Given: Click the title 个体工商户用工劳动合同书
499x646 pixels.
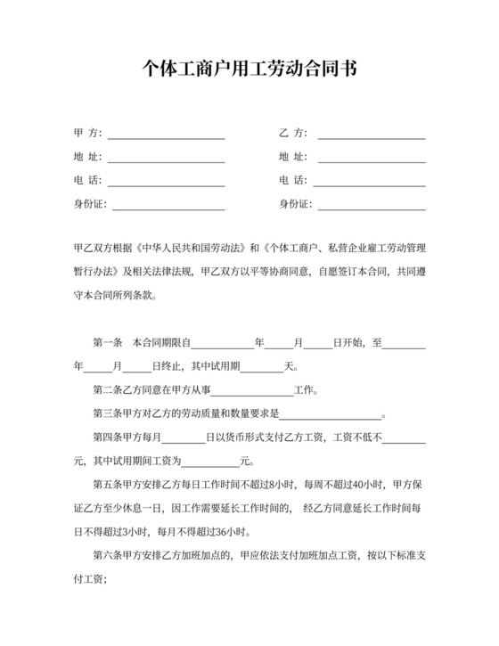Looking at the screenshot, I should click(250, 70).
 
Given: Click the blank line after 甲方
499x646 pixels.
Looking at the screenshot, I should click(167, 135).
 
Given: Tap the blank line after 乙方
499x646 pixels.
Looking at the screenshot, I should click(372, 135).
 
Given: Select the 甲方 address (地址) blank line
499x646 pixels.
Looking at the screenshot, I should click(167, 159).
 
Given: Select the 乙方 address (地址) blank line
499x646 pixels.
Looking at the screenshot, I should click(372, 159).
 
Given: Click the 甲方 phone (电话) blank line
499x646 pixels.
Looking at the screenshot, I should click(167, 182).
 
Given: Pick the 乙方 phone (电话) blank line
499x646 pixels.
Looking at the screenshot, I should click(372, 182).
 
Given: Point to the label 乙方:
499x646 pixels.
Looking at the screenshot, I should click(293, 134).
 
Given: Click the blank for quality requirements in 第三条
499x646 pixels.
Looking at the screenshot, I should click(331, 414).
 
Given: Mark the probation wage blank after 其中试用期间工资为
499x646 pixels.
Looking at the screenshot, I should click(212, 462).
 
